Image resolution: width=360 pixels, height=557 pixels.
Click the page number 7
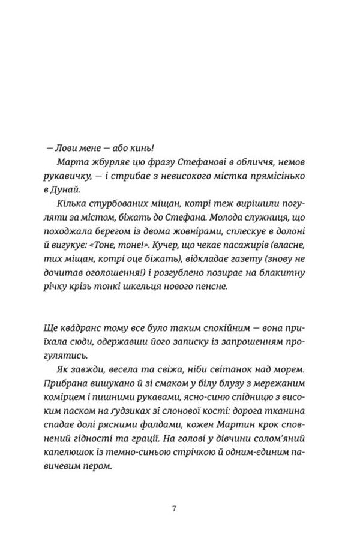pos(174,508)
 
